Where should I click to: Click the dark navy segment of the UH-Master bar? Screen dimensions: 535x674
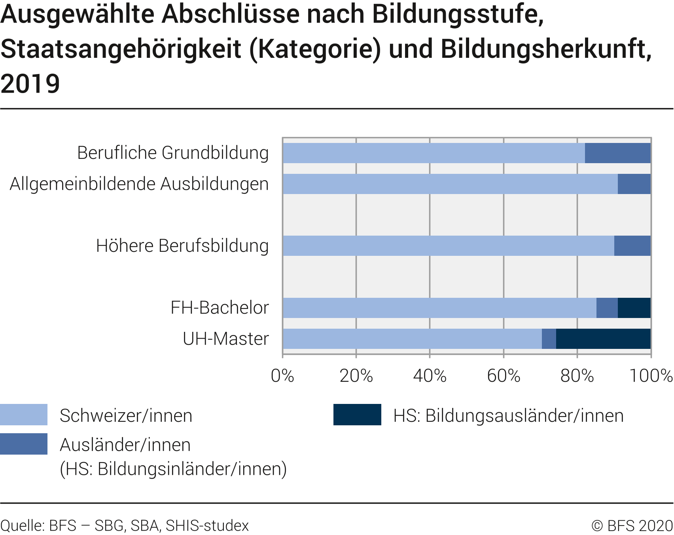tap(603, 339)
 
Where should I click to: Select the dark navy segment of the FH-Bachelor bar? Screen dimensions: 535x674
tap(634, 308)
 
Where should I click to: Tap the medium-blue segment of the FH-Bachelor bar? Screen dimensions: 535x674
tap(607, 308)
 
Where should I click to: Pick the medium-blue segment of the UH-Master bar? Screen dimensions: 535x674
tap(549, 339)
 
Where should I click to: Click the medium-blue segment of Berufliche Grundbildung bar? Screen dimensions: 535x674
tap(617, 153)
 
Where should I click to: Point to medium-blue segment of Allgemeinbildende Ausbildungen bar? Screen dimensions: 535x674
tap(634, 184)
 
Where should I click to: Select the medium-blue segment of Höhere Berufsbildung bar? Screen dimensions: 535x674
tap(632, 246)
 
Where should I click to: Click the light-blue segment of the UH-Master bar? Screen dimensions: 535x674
tap(412, 339)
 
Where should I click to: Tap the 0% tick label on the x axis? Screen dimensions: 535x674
tap(282, 375)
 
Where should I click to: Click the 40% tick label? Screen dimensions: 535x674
tap(430, 375)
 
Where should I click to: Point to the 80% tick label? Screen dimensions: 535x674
tap(577, 375)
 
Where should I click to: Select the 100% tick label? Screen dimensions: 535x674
tap(651, 375)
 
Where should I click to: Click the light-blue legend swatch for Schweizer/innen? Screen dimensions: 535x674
tap(24, 415)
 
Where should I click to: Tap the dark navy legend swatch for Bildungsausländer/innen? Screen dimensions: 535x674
tap(357, 415)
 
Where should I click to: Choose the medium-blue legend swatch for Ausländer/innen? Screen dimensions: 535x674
tap(24, 444)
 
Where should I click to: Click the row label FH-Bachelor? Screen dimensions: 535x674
tap(220, 308)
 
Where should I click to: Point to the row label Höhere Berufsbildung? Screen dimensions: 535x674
tap(182, 246)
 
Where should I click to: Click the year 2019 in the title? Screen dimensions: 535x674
tap(30, 84)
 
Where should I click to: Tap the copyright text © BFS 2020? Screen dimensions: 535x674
tap(632, 525)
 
